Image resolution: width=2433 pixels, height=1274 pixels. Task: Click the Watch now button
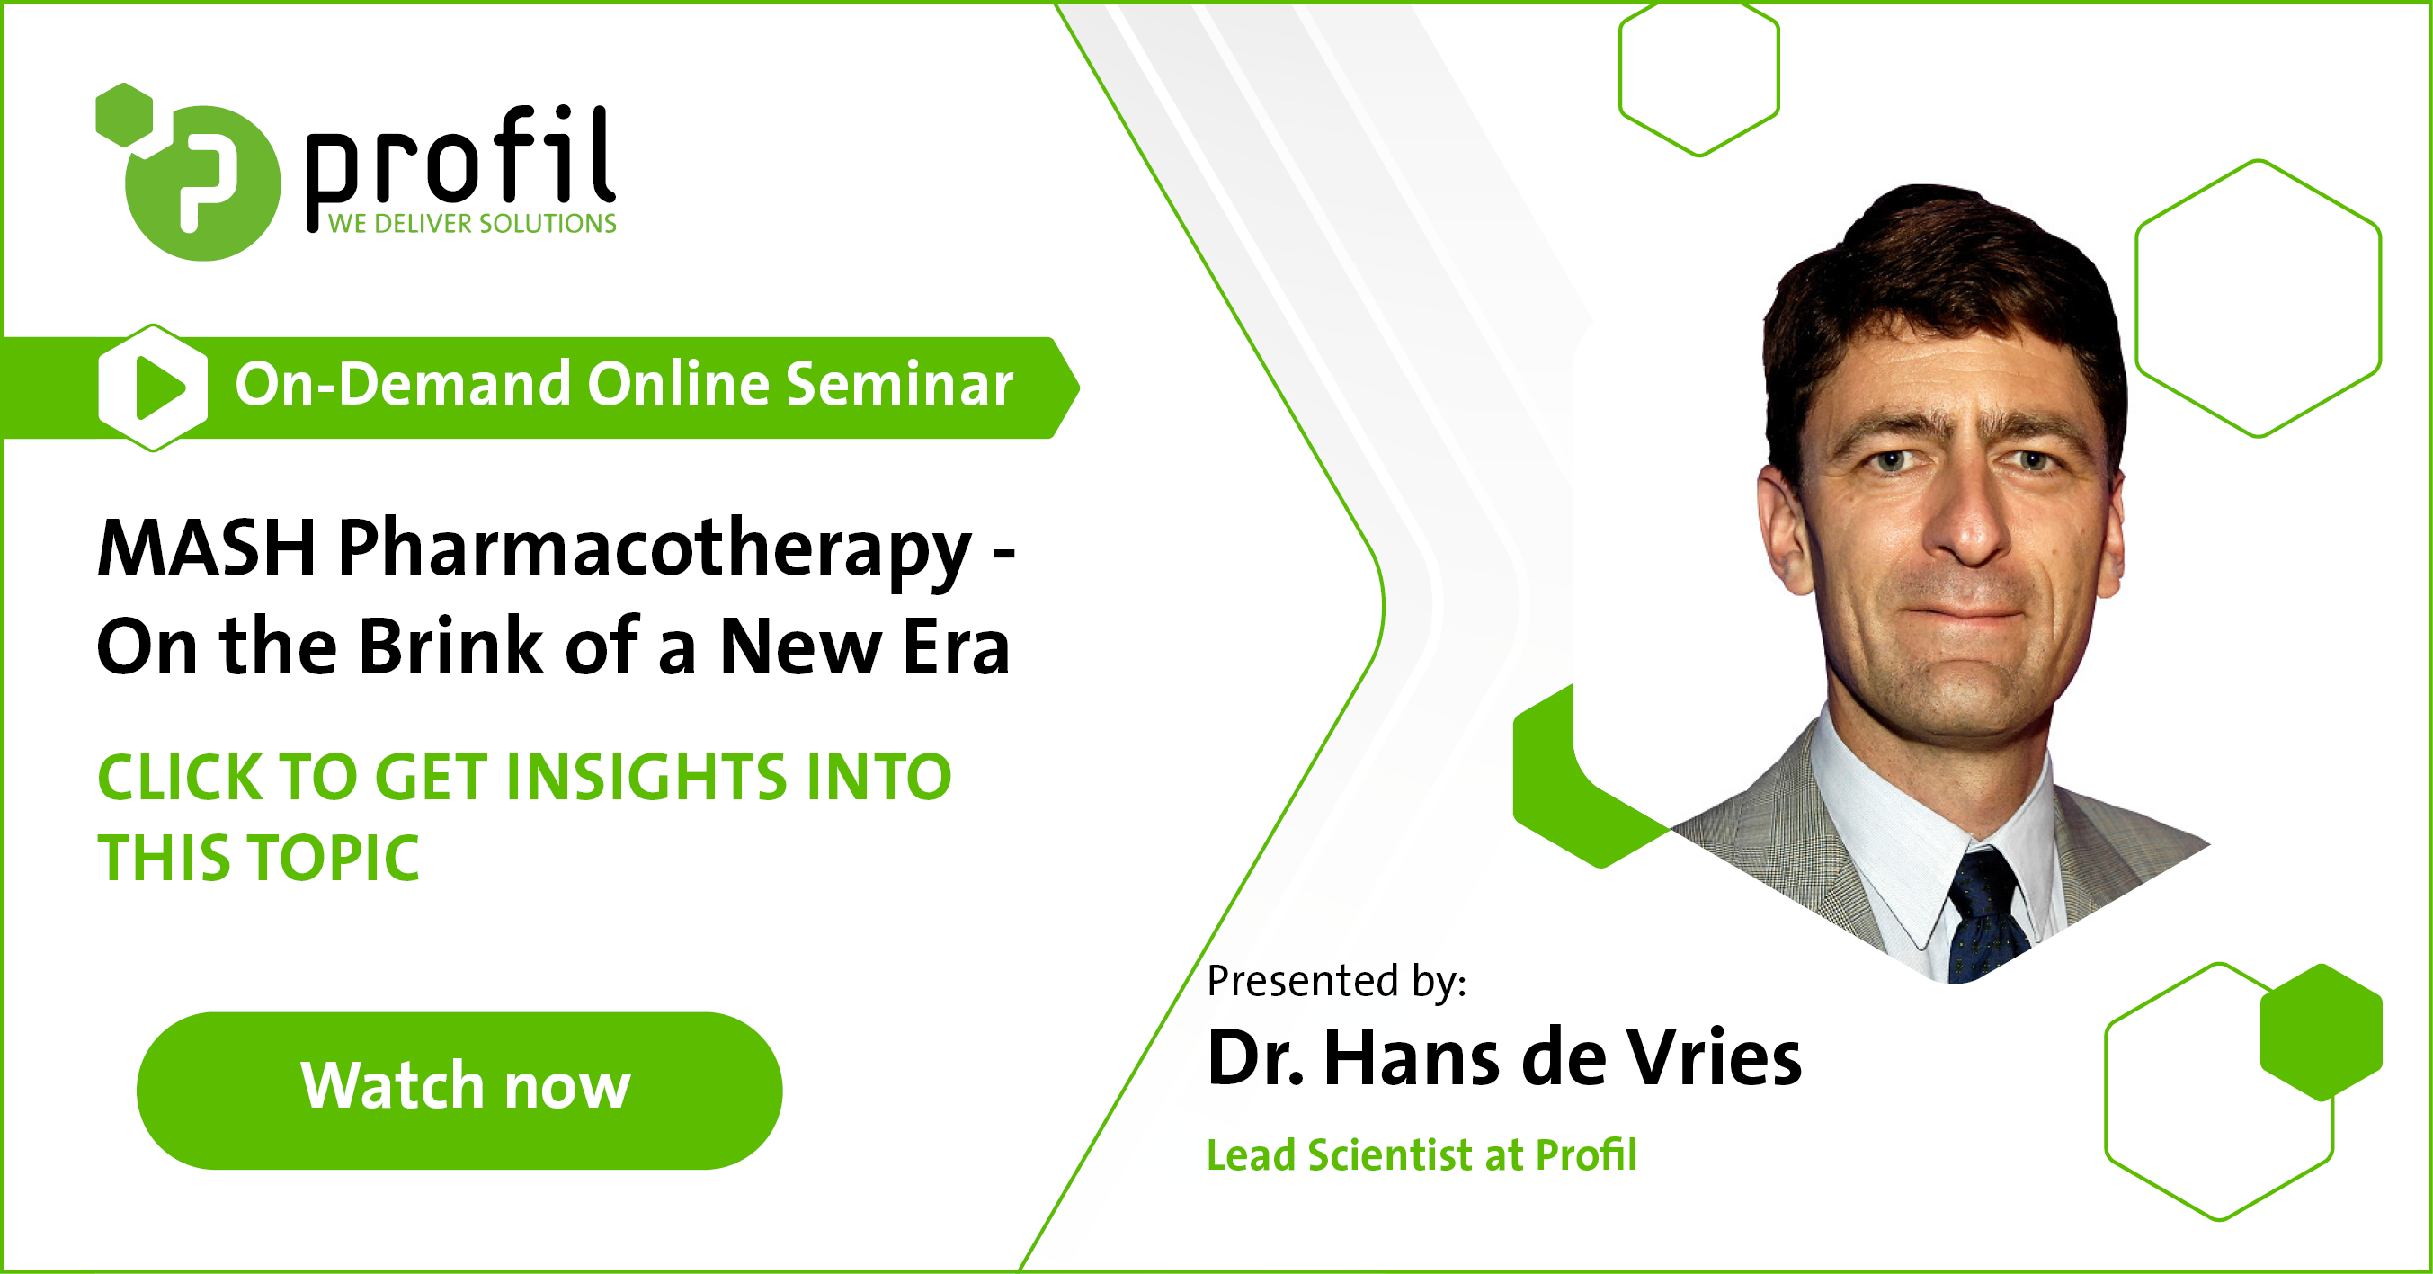pos(459,1090)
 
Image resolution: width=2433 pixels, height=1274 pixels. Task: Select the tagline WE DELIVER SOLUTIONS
pos(472,224)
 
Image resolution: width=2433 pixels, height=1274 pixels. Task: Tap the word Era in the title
pos(956,647)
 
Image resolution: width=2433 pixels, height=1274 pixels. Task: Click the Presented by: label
pos(1336,980)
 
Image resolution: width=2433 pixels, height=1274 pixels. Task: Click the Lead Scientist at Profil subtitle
pos(1421,1154)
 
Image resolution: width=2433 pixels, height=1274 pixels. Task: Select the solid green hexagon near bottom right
pos(2321,1032)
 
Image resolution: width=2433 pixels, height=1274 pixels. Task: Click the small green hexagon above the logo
pos(125,115)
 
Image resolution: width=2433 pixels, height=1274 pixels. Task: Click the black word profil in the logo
pos(461,157)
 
